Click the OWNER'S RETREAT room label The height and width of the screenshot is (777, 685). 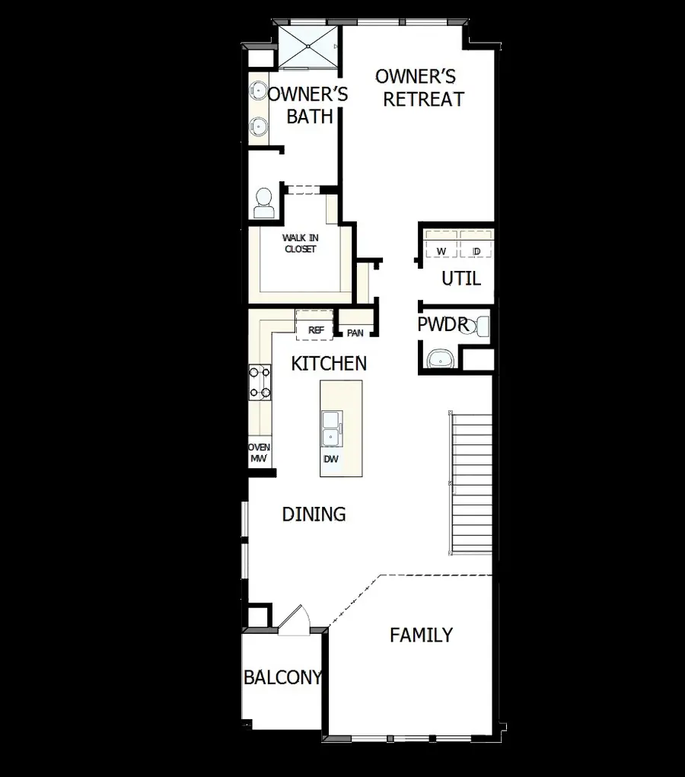tap(422, 88)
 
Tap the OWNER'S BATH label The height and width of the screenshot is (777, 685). tap(308, 106)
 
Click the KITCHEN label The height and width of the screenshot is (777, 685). tap(329, 364)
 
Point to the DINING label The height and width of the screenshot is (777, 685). tap(314, 514)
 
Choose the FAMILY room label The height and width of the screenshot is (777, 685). tap(421, 635)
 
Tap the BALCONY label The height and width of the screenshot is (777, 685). tap(282, 677)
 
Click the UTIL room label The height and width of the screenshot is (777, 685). tap(461, 279)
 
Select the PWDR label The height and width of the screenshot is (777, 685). tap(441, 325)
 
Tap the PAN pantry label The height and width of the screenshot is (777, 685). tap(355, 333)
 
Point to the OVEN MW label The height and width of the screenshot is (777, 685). tap(260, 454)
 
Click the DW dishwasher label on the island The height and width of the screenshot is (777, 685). tap(331, 460)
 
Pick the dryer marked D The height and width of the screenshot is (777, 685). tap(476, 250)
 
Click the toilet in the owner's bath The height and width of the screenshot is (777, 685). tap(263, 202)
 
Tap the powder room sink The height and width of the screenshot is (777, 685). tap(438, 358)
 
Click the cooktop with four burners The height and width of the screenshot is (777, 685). tap(260, 382)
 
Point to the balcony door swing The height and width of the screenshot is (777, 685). tap(295, 618)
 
